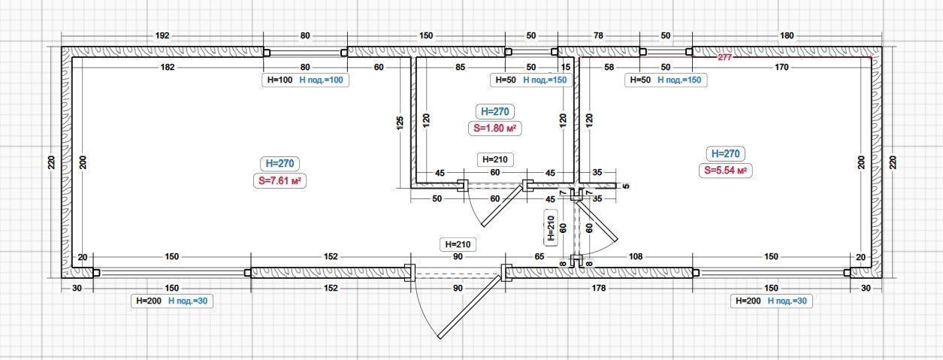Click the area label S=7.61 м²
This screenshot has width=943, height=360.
(280, 181)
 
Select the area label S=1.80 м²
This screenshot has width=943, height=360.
(494, 129)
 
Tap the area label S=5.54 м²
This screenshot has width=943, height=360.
(725, 171)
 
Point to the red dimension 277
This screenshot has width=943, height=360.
(724, 57)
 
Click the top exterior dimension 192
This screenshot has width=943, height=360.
(162, 35)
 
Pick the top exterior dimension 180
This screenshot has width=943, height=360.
(787, 35)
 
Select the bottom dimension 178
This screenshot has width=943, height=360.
(598, 288)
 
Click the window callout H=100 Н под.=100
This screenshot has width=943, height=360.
(305, 80)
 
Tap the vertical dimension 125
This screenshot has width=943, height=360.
(400, 123)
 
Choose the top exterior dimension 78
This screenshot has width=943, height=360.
(598, 35)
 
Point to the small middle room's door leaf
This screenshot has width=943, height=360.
(503, 205)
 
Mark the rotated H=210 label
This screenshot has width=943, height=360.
(551, 228)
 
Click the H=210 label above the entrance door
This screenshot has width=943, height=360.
(458, 244)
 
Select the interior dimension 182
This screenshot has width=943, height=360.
(167, 67)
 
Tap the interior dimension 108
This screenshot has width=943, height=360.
(635, 256)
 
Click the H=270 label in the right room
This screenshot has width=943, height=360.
(725, 153)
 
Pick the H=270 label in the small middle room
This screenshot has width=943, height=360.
(495, 111)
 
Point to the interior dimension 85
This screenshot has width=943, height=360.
(460, 67)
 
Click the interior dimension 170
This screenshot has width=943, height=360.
(781, 67)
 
